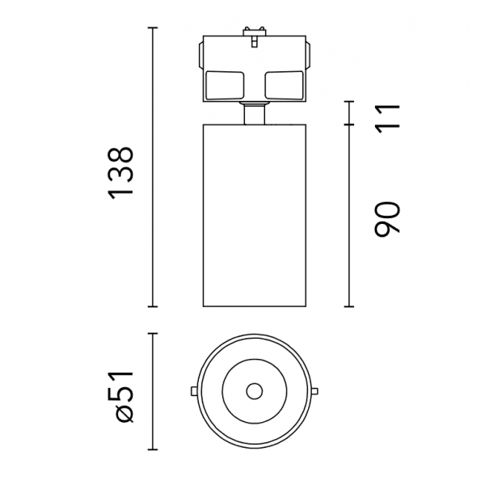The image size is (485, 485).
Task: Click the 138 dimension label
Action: [x=120, y=173]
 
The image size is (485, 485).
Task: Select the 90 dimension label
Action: [x=387, y=219]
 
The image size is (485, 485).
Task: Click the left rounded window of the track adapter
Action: [x=225, y=86]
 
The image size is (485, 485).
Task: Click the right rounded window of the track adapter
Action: [x=285, y=86]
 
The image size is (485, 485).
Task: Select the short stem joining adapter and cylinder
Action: [x=255, y=114]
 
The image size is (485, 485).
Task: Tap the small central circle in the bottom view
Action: [x=255, y=391]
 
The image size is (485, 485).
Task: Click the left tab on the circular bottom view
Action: [x=194, y=391]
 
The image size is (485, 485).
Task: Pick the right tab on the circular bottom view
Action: [x=314, y=391]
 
